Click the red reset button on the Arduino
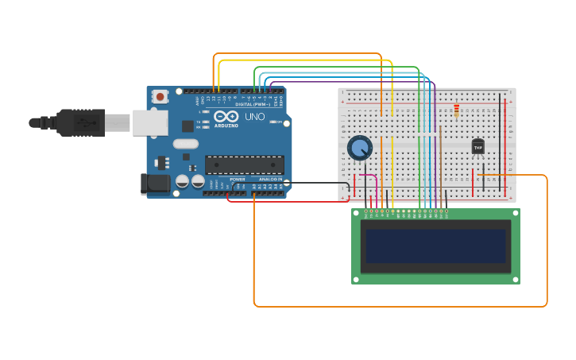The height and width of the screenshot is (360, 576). (160, 97)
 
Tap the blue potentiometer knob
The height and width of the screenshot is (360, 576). (359, 148)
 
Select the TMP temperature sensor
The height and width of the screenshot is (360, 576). (477, 146)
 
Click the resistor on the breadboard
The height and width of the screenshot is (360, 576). (456, 111)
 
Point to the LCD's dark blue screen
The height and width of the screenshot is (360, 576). (435, 246)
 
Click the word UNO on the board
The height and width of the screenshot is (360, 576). (255, 117)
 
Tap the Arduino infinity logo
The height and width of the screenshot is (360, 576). (226, 117)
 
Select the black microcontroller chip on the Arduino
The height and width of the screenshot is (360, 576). (244, 165)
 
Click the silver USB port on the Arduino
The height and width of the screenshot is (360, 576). (150, 122)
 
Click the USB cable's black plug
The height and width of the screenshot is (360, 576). (80, 122)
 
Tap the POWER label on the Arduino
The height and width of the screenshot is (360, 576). (238, 179)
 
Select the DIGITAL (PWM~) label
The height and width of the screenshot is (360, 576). (253, 104)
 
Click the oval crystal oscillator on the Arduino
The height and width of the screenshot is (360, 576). (184, 144)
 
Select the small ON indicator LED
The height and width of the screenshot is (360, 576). (273, 122)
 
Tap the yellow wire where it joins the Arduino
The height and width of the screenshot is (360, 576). (218, 89)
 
